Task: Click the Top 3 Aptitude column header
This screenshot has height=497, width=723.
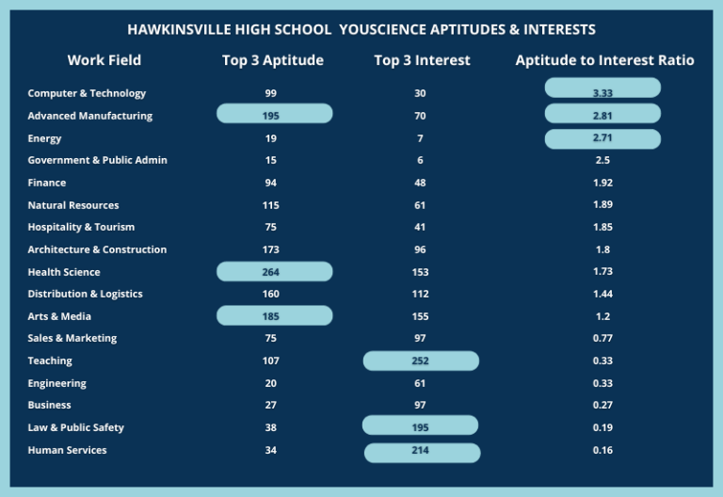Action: [272, 60]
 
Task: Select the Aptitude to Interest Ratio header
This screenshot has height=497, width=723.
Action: [604, 60]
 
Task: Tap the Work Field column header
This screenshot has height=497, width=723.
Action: [104, 60]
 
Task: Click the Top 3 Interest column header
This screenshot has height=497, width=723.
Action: [422, 60]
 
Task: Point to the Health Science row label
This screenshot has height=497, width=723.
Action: [64, 272]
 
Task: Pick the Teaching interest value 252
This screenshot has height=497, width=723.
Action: [421, 361]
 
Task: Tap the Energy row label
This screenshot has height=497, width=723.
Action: [44, 138]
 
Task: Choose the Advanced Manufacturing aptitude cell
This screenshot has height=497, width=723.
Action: [274, 113]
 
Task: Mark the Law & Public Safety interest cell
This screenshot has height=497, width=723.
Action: [420, 425]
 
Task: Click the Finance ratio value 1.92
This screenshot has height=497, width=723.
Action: [602, 183]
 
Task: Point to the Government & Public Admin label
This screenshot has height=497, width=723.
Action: [97, 160]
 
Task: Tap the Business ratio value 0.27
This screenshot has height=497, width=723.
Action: [602, 405]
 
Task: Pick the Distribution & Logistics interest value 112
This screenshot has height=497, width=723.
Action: [420, 294]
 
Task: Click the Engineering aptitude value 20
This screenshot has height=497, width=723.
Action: [271, 383]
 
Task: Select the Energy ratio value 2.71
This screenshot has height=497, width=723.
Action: [602, 138]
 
